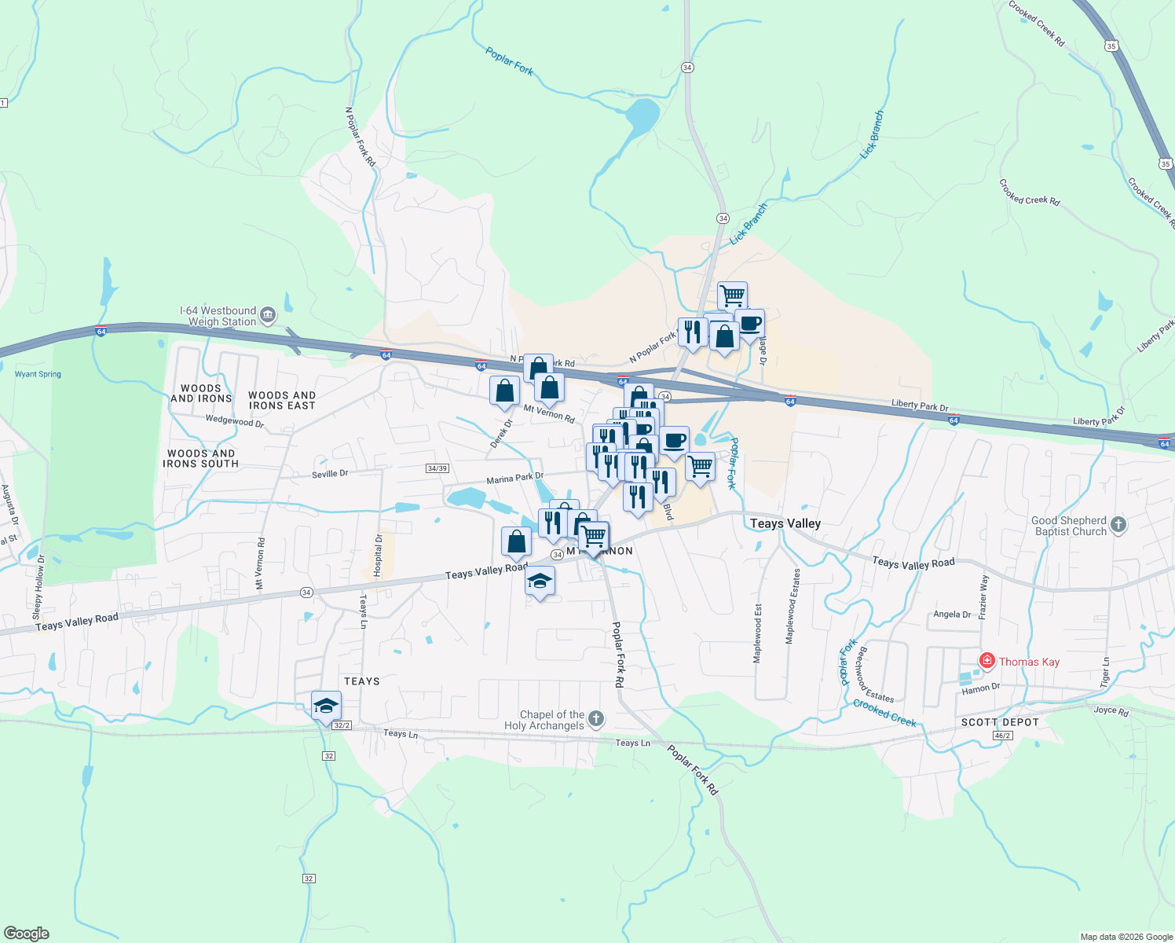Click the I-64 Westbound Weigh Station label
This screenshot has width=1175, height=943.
tap(218, 316)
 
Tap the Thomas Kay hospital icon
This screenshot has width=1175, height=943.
tap(987, 661)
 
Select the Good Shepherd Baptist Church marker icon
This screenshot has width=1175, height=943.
tap(1119, 525)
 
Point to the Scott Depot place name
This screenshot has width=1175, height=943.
tap(1000, 722)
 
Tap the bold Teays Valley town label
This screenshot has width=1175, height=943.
tap(785, 523)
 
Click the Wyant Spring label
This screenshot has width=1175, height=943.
tap(38, 374)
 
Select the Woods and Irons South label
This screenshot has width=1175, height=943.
tap(200, 458)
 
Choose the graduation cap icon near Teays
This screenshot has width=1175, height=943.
tap(326, 706)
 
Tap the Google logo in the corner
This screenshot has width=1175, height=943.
tap(27, 933)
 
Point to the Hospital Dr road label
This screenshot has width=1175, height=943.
tap(378, 556)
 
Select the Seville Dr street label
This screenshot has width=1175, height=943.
tap(330, 474)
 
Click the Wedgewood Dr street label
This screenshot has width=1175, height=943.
tap(235, 421)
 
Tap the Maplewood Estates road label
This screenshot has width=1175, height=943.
tap(793, 607)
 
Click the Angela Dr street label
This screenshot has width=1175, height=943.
tap(952, 615)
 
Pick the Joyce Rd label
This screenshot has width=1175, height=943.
tap(1111, 710)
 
